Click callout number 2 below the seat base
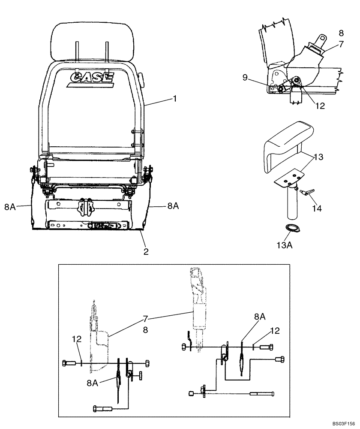click(146, 252)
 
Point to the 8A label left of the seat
click(10, 207)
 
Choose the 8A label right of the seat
click(173, 206)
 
